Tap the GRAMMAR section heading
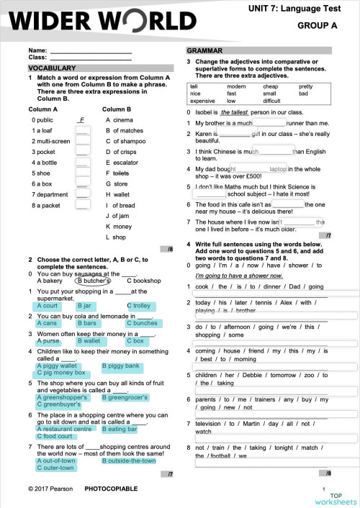[205, 51]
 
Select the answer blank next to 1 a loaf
[82, 131]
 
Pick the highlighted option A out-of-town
[55, 461]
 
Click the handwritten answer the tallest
[234, 113]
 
